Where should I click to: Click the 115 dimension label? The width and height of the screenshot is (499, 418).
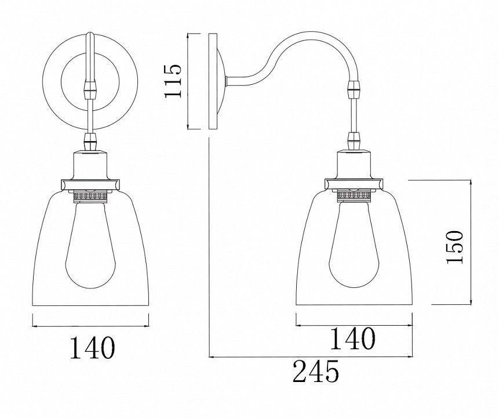tap(173, 81)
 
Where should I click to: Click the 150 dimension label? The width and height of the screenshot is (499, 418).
tap(454, 247)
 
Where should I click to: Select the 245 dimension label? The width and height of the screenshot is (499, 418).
tap(316, 371)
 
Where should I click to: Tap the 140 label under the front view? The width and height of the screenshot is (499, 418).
tap(92, 348)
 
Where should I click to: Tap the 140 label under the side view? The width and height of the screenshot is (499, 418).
tap(352, 338)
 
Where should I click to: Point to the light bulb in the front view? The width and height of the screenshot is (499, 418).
tap(90, 245)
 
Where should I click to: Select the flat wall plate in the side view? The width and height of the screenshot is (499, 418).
tap(213, 81)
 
